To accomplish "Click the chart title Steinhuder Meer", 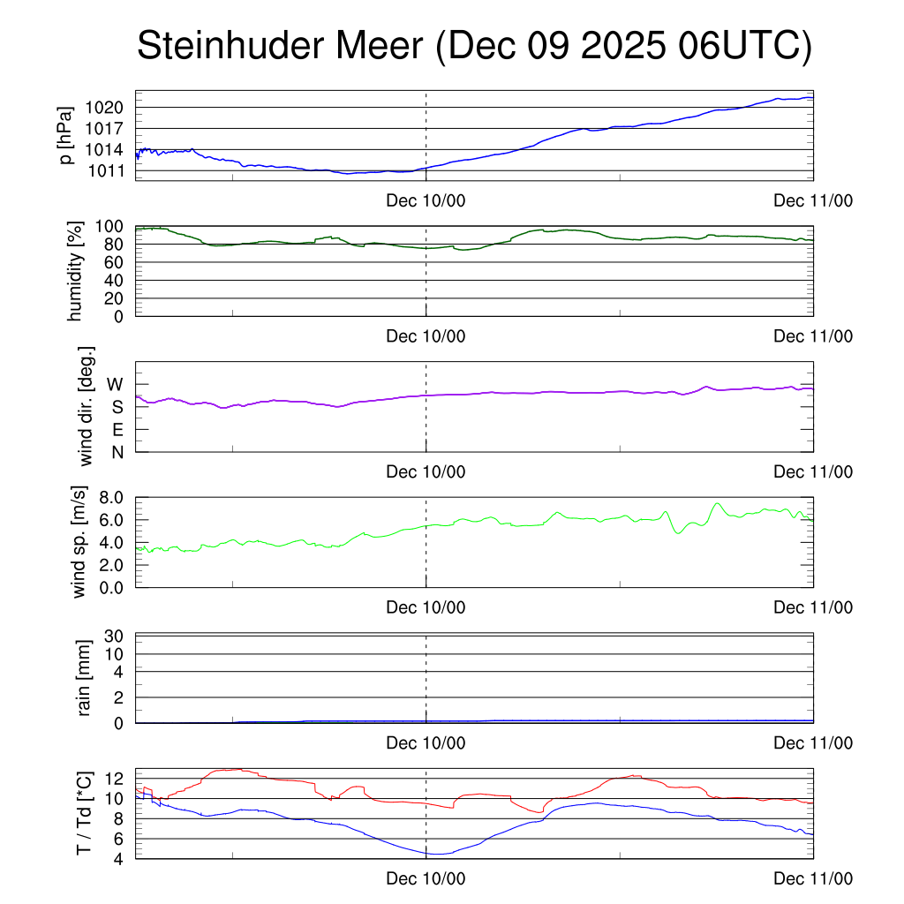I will pos(474,47).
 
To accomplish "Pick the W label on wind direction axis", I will pos(115,385).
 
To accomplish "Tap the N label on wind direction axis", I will pos(117,452).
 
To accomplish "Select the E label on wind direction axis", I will pos(117,430).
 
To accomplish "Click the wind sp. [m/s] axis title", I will pos(81,541).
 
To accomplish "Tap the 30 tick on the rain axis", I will pos(115,637).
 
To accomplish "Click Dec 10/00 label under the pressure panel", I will pos(426,200).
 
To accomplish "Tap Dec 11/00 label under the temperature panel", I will pos(813,878).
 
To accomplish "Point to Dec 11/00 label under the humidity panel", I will pos(813,336).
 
